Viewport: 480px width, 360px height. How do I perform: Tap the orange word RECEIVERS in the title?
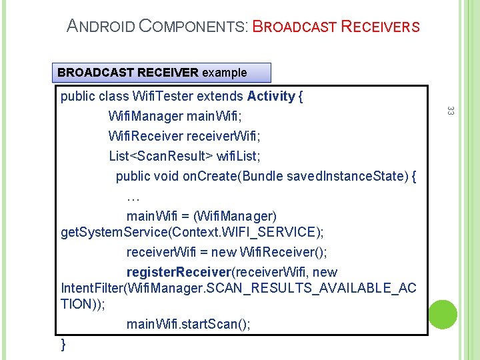[x=380, y=27]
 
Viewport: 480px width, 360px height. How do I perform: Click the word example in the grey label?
[x=224, y=72]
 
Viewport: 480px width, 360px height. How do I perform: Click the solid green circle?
[x=443, y=313]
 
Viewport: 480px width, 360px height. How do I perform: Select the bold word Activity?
[x=271, y=96]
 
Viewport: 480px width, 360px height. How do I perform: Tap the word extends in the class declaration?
[x=222, y=96]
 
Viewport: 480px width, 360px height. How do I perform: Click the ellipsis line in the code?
[x=133, y=197]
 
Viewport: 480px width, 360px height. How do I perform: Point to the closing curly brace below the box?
[x=63, y=343]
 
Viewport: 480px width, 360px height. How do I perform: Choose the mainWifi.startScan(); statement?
[x=189, y=324]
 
